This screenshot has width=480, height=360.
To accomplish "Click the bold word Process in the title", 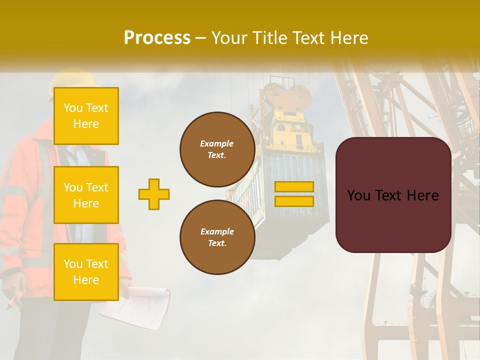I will click(157, 38).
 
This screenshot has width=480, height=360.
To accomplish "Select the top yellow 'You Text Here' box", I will click(86, 116).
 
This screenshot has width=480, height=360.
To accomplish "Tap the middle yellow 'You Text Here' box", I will click(86, 195).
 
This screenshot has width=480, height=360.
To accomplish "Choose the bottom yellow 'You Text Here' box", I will click(86, 271).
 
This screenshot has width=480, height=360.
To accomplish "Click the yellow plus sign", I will click(154, 194).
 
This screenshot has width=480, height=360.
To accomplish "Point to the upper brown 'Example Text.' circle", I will click(217, 149).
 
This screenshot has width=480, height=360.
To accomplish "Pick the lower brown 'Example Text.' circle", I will click(217, 237).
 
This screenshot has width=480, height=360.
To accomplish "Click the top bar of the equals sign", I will click(294, 186).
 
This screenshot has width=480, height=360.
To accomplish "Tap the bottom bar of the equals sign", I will click(294, 201).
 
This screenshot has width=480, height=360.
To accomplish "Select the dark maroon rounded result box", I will click(393, 195).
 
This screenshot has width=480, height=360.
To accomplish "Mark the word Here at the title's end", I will click(349, 38).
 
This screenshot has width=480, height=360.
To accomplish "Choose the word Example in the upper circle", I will click(217, 143).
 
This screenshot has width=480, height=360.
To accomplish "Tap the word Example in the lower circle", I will click(217, 231).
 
